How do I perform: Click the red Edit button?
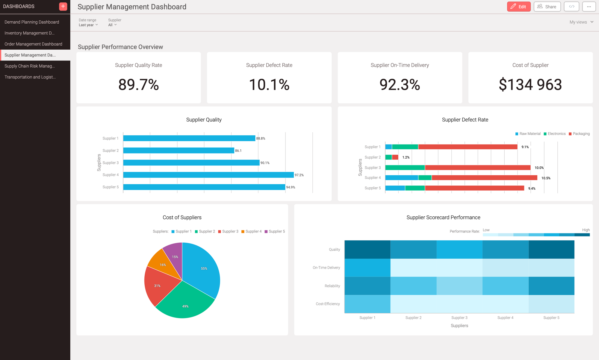coord(518,7)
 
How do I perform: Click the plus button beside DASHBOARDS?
coord(63,6)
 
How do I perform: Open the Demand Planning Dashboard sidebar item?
coord(32,22)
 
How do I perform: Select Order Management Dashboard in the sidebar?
coord(33,44)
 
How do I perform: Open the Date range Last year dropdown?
coord(88,25)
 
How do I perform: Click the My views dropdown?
coord(581,22)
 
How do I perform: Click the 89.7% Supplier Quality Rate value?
coord(138,85)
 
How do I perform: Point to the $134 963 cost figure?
coord(530,85)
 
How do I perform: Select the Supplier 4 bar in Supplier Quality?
coord(208,175)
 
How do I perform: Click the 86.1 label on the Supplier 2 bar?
coord(238,151)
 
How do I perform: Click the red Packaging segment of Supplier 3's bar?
coord(477,168)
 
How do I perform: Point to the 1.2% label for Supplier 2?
coord(406,157)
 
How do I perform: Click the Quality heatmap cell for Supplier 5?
coord(551,250)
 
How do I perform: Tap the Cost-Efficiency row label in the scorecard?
coord(328,304)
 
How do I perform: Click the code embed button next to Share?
coord(571,7)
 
